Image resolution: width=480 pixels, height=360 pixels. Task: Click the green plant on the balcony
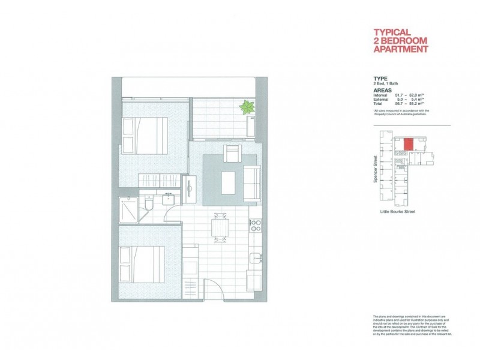[x=247, y=108]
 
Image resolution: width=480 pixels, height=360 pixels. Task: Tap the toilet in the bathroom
[x=148, y=208]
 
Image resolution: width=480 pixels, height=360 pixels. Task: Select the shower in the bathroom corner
[x=128, y=208]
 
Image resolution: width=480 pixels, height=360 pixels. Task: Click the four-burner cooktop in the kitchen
[x=255, y=226]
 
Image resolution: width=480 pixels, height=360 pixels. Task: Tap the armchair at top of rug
[x=232, y=154]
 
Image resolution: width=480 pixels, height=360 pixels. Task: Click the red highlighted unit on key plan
[x=408, y=145]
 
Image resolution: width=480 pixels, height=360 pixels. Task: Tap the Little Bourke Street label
[x=398, y=212]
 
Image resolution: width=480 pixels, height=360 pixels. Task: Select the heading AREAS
[x=383, y=89]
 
